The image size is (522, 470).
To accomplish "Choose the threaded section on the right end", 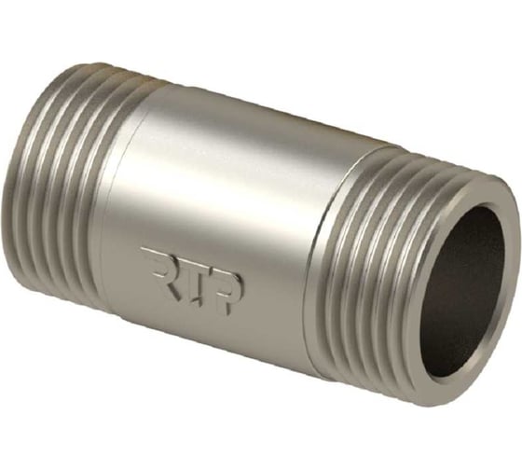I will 373,261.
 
